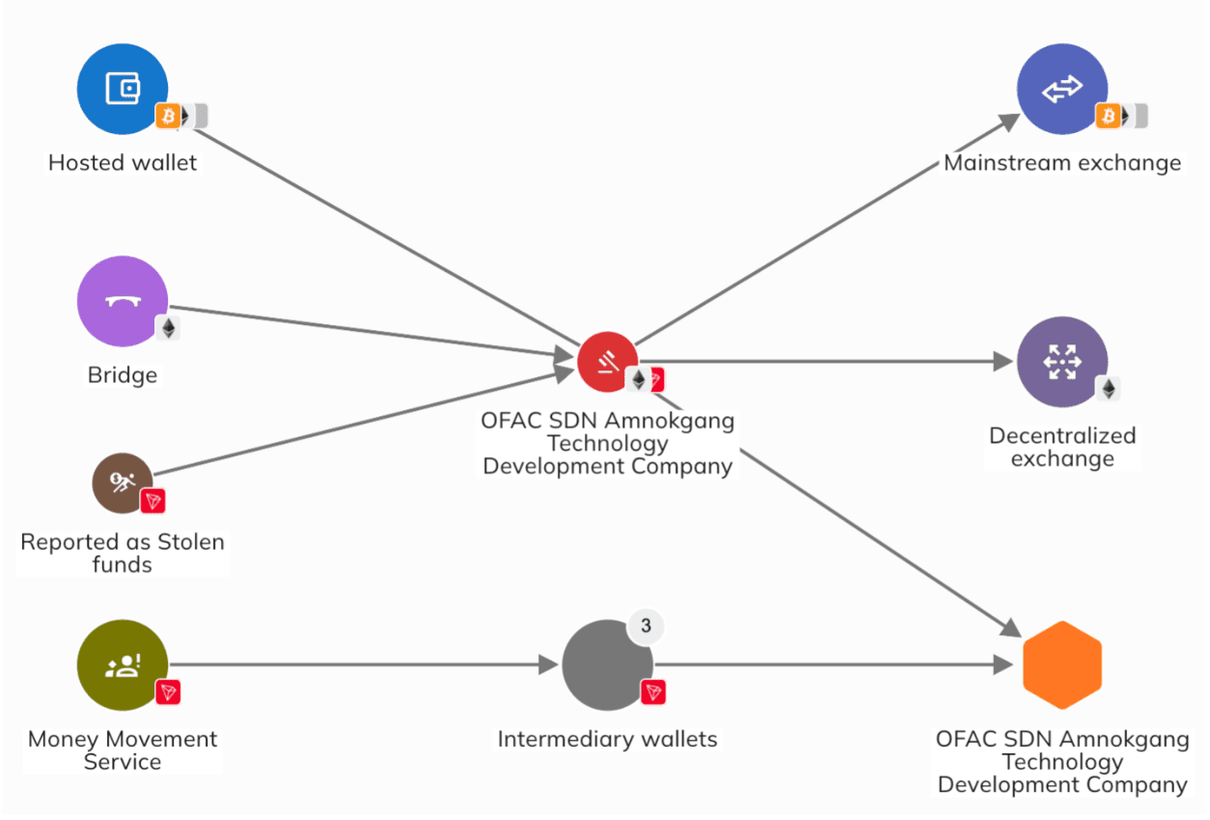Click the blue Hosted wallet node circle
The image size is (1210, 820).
[x=123, y=89]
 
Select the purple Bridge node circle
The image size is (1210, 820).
[x=123, y=301]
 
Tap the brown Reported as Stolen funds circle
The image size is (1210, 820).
[x=123, y=482]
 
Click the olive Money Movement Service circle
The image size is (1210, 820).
[x=123, y=665]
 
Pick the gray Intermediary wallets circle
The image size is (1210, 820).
[x=607, y=665]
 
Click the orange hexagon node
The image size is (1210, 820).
[x=1061, y=666]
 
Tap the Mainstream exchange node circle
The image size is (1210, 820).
[x=1061, y=89]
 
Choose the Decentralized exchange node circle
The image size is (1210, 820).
[x=1061, y=362]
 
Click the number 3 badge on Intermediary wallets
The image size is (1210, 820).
[x=646, y=626]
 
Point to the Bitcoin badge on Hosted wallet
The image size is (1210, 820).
[x=169, y=117]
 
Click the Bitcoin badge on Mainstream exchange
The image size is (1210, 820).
[x=1109, y=117]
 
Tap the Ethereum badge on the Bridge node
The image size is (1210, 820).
[x=169, y=328]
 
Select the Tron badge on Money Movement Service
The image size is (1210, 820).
[x=169, y=691]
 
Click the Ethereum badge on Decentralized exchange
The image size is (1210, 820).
[x=1109, y=389]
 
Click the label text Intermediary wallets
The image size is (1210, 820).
[x=607, y=740]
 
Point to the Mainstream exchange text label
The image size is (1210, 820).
[x=1061, y=163]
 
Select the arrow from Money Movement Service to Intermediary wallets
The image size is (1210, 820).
[x=357, y=665]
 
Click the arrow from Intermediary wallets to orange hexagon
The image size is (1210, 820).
[x=830, y=665]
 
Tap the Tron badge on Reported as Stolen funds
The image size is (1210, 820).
[x=152, y=501]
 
